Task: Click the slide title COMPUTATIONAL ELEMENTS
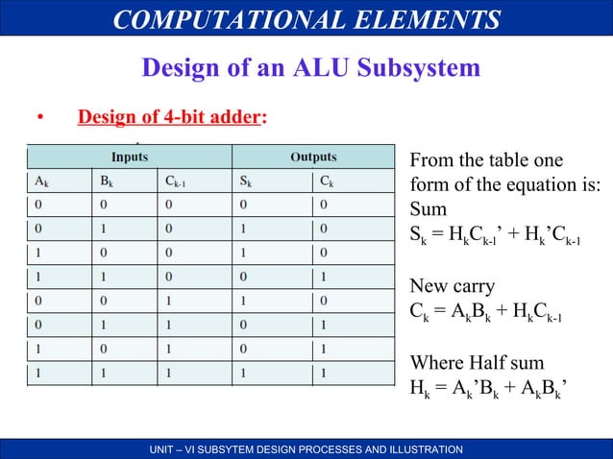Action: [306, 20]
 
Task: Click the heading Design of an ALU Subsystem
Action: [310, 67]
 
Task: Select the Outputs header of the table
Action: [313, 157]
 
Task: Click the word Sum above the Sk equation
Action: [428, 208]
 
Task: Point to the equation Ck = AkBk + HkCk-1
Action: [486, 311]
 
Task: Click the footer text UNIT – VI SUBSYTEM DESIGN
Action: [306, 449]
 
